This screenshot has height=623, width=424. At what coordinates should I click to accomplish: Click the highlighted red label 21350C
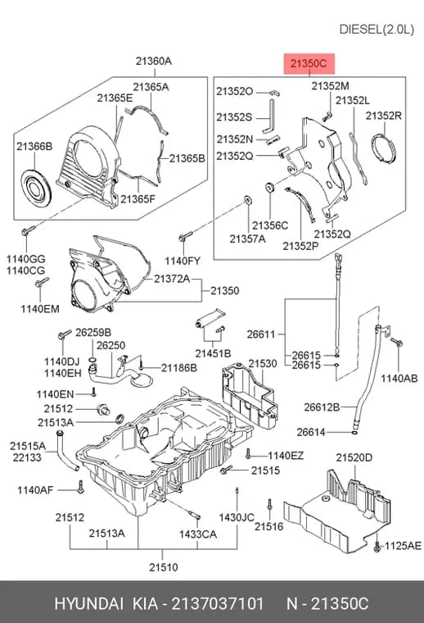(309, 63)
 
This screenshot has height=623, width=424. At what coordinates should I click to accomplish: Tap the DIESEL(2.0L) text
(377, 30)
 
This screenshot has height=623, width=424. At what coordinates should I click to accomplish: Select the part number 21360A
(154, 61)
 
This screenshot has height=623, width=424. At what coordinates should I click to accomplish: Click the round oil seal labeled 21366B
(36, 188)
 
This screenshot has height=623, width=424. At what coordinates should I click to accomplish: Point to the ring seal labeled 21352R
(384, 148)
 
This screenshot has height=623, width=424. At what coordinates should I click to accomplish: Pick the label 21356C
(270, 225)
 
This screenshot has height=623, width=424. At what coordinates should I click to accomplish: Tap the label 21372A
(172, 279)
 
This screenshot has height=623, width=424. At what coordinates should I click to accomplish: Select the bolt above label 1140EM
(42, 283)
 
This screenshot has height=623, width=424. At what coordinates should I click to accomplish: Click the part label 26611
(261, 334)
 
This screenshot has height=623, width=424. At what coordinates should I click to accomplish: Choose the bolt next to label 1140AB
(396, 342)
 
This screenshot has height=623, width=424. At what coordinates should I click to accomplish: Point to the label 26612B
(322, 407)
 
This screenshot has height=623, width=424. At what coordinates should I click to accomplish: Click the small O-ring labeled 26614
(354, 432)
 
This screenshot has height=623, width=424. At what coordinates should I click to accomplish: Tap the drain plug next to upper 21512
(104, 409)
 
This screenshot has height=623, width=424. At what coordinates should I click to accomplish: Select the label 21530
(263, 363)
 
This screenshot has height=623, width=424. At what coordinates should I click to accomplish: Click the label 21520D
(354, 457)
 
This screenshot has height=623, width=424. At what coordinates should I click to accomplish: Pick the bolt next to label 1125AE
(377, 546)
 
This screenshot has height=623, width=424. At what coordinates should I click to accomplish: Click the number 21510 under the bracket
(164, 567)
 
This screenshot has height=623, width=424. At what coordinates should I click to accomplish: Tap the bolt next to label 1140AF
(80, 487)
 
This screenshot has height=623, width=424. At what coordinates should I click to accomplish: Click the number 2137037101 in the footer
(218, 603)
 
